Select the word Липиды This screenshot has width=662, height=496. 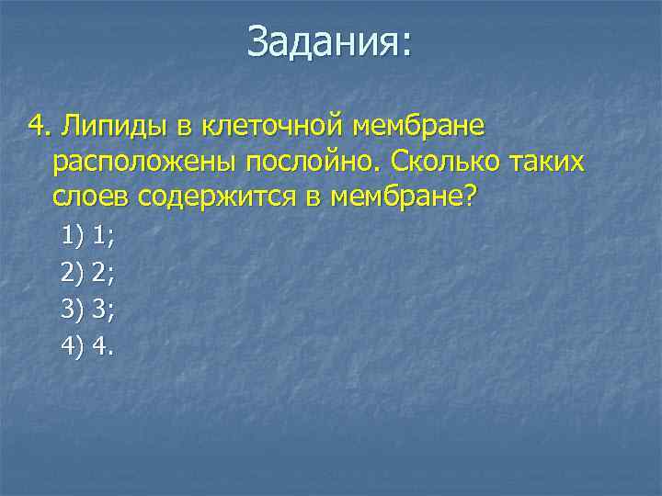[101, 125]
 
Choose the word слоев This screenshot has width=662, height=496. [90, 198]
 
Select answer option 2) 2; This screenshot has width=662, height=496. [87, 273]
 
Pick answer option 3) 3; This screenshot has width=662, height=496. [87, 309]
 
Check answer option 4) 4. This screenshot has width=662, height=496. [87, 345]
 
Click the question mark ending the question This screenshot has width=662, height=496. [472, 198]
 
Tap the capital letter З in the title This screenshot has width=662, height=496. [258, 42]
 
